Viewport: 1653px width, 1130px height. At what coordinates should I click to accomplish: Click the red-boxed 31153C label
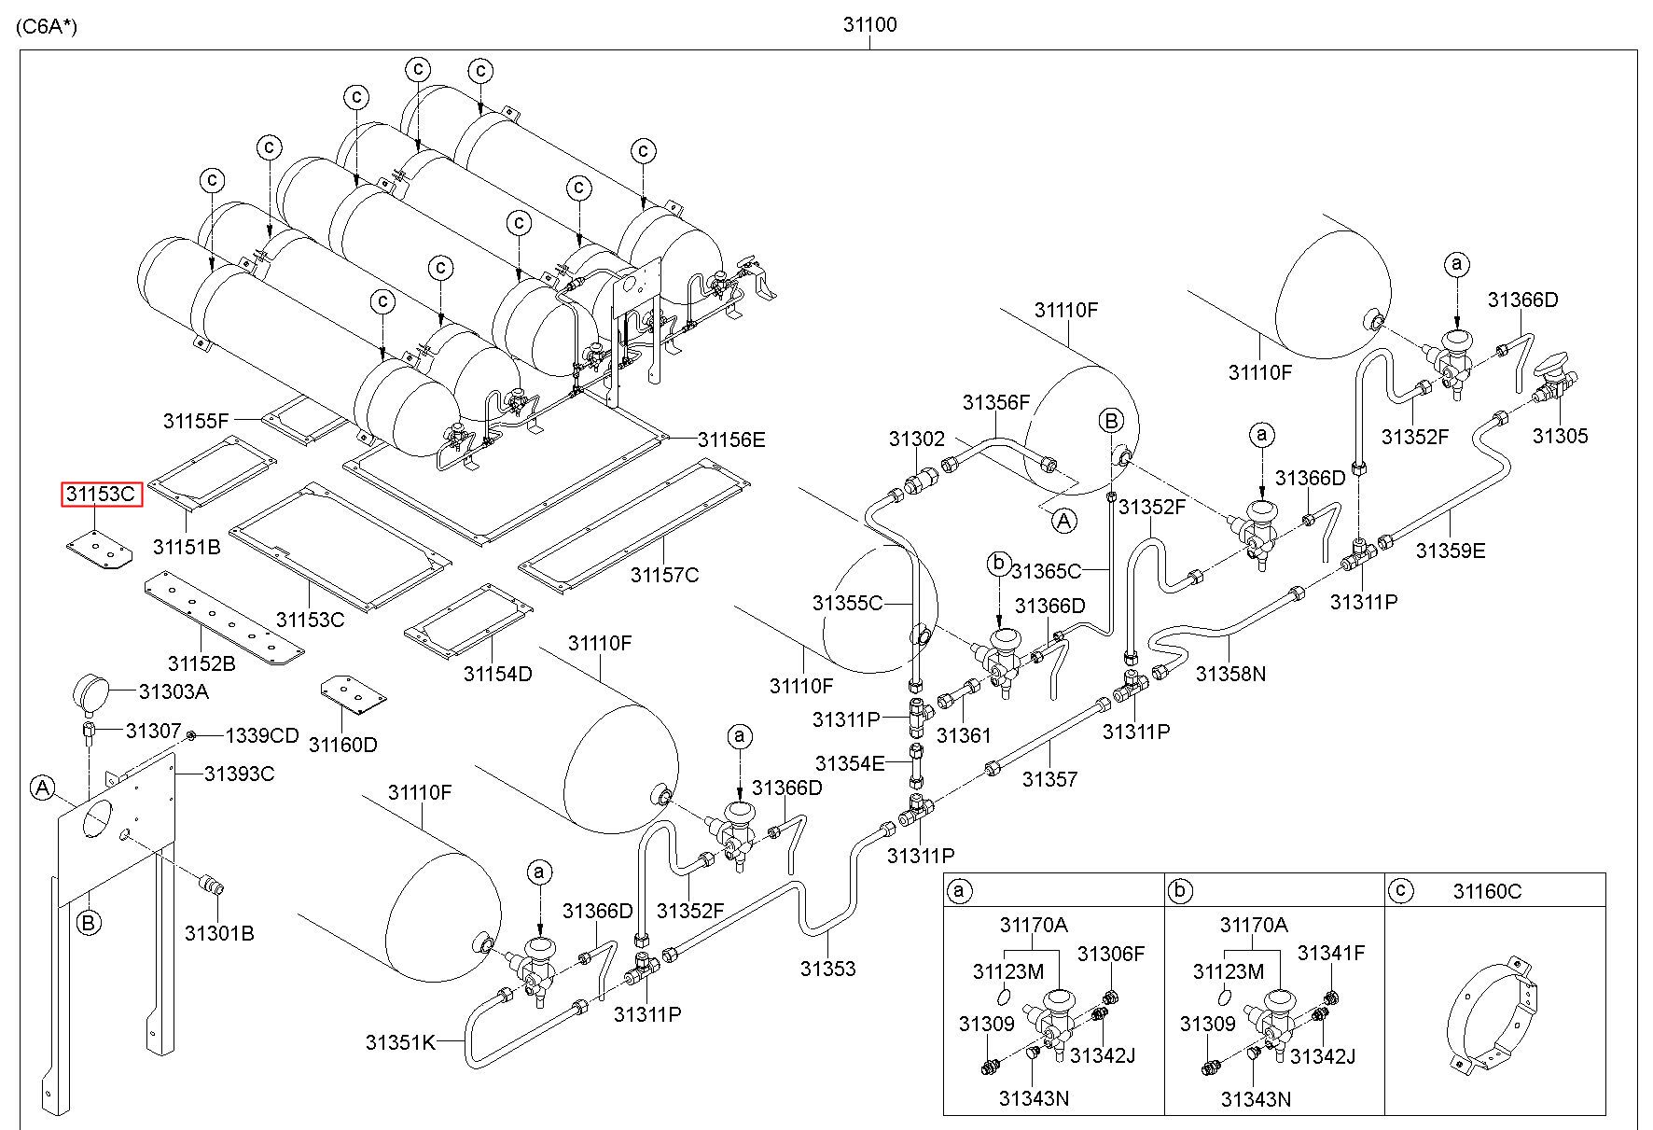coord(102,495)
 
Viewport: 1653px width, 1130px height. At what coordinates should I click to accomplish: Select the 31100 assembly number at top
coord(869,25)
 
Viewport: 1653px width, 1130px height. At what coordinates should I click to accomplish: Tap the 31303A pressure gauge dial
coord(90,692)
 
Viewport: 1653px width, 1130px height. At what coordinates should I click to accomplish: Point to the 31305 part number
coord(1560,436)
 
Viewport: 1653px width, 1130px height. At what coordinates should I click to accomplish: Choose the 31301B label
coord(218,933)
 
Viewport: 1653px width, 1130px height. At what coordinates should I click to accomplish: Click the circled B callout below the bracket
coord(89,924)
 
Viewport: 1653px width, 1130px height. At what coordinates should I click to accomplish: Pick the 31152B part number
coord(201,663)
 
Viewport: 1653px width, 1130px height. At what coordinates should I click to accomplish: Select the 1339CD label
coord(262,736)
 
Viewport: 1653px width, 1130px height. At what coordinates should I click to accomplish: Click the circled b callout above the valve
coord(999,564)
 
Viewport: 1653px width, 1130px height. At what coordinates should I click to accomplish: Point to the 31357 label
coord(1049,778)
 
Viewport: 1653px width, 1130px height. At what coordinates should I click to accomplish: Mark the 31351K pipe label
coord(400,1042)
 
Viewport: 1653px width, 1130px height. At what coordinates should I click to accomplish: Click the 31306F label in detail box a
coord(1110,954)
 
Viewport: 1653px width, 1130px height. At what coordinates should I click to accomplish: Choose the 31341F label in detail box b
coord(1331,954)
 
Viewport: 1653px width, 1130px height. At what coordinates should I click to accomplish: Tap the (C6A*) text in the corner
coord(47,26)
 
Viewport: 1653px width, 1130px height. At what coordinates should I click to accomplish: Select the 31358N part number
coord(1230,673)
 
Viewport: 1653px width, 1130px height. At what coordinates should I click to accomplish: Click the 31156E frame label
coord(731,439)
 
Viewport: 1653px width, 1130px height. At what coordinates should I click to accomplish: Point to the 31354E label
coord(849,763)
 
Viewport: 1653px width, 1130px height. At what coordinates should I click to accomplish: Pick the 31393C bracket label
coord(240,774)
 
